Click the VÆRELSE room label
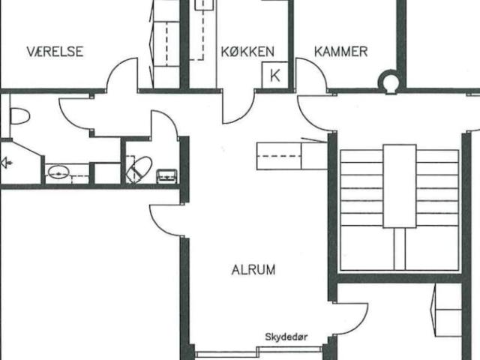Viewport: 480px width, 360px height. point(55,52)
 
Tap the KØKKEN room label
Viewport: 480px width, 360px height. point(247,52)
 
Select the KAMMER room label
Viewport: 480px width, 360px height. point(341,52)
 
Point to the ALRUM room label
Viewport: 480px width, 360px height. point(253,270)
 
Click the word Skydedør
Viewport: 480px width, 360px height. point(286,337)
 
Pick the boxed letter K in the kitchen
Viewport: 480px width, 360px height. point(275,75)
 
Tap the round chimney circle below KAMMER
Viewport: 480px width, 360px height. point(389,81)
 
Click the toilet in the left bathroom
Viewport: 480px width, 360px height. point(19,116)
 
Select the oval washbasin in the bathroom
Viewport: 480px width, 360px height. point(58,172)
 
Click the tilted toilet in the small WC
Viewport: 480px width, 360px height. point(139,169)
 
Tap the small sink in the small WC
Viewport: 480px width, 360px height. point(166,176)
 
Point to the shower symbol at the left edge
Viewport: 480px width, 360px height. point(6,163)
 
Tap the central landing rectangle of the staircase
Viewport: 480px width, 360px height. point(400,186)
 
